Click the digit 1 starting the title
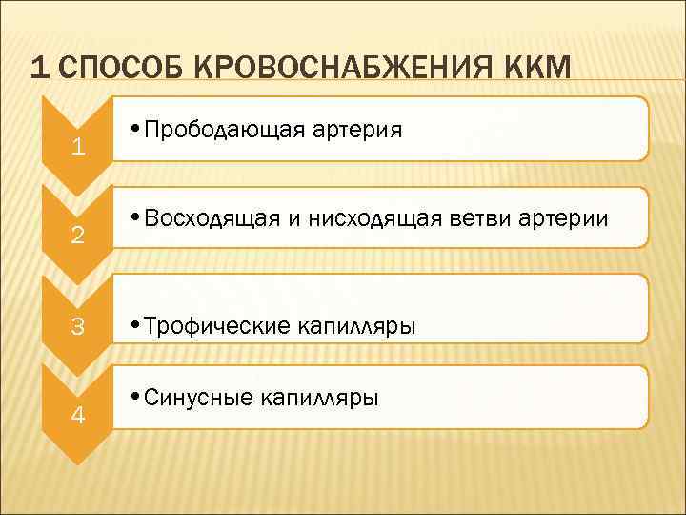click(37, 68)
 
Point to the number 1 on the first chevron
click(79, 149)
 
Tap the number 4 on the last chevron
click(79, 417)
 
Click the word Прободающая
click(224, 130)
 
